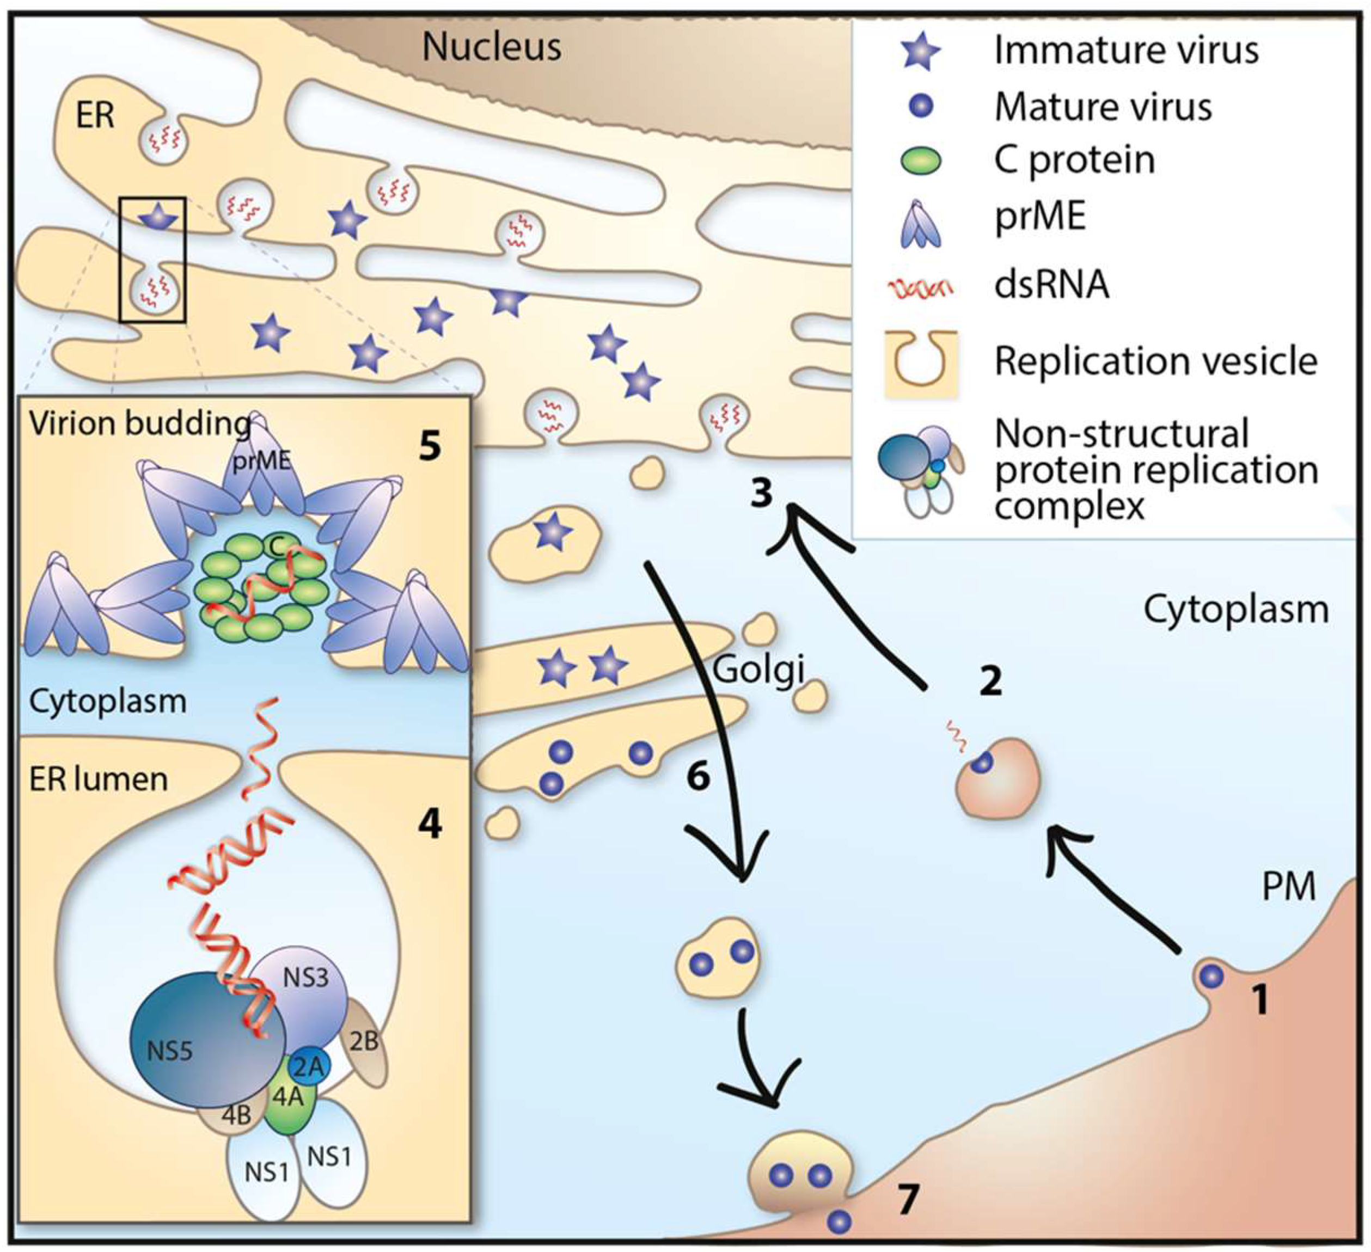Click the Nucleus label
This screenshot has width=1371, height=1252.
point(492,47)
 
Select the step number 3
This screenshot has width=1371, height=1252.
point(762,493)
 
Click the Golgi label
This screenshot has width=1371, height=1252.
point(758,670)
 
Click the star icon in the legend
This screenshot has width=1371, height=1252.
point(921,51)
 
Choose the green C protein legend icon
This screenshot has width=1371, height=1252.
point(921,161)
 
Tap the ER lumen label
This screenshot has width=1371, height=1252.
point(99,778)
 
